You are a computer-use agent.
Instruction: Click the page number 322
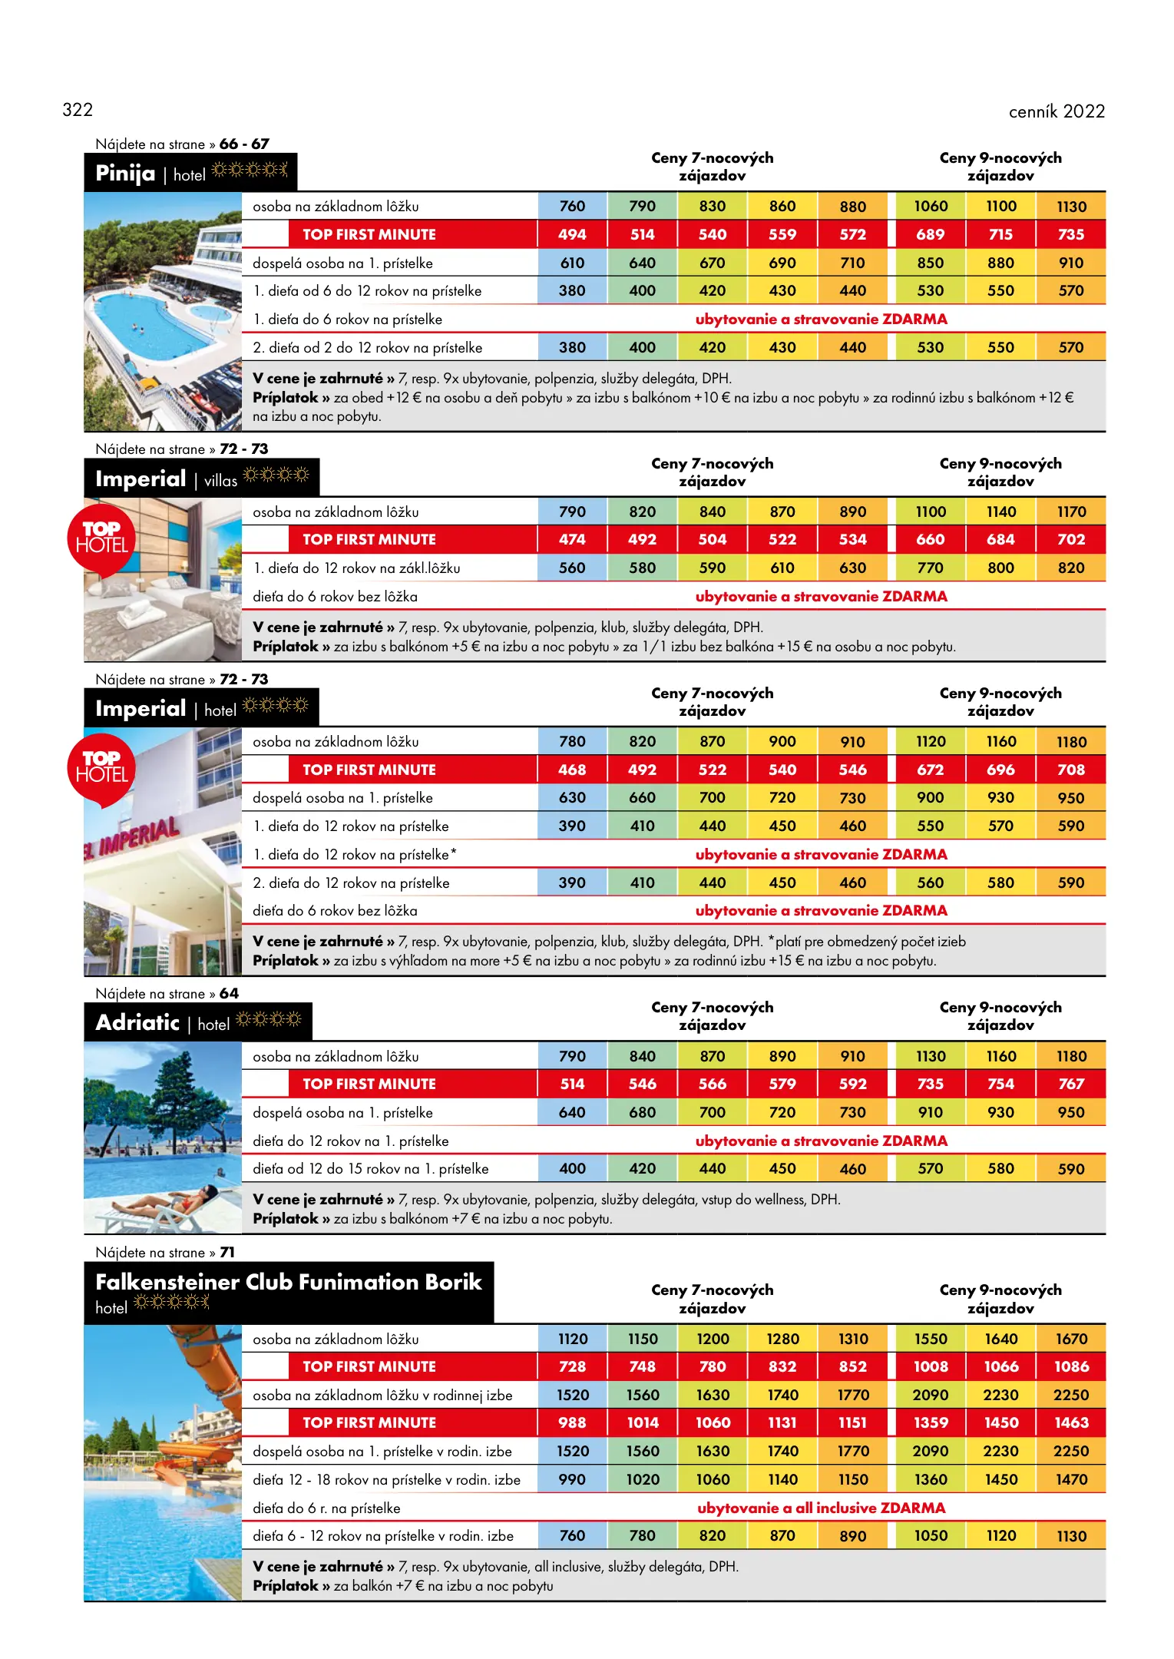click(78, 110)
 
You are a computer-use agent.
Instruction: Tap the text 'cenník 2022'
click(1056, 112)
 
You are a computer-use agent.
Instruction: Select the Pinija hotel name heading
click(125, 174)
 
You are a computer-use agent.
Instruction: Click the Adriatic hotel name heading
click(137, 1022)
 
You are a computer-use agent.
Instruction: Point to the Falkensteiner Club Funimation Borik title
click(288, 1282)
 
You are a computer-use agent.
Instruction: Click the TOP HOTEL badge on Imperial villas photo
click(101, 538)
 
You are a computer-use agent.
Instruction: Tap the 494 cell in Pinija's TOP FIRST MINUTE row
click(572, 234)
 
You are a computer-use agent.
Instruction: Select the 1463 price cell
click(1071, 1422)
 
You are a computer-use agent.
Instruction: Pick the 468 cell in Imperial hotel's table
click(572, 770)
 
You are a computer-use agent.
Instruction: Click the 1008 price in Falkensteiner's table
click(931, 1366)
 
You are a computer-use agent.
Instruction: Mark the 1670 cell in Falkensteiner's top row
click(1071, 1339)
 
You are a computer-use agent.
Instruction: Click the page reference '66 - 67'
click(244, 144)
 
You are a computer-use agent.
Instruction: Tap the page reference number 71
click(227, 1252)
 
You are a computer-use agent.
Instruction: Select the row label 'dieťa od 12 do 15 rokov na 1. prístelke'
click(370, 1169)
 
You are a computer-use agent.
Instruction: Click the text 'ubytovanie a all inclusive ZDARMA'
click(821, 1508)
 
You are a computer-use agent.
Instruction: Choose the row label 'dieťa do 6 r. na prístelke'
click(326, 1508)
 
